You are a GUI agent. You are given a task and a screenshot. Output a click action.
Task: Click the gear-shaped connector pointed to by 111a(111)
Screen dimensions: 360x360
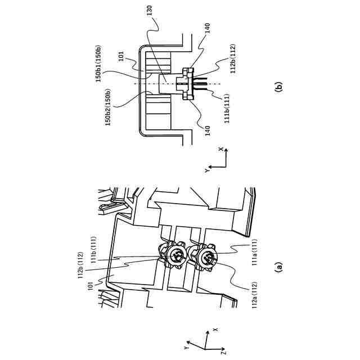click(x=205, y=258)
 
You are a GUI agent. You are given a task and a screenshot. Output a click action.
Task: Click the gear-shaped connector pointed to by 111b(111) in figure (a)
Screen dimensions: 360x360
click(x=177, y=256)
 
